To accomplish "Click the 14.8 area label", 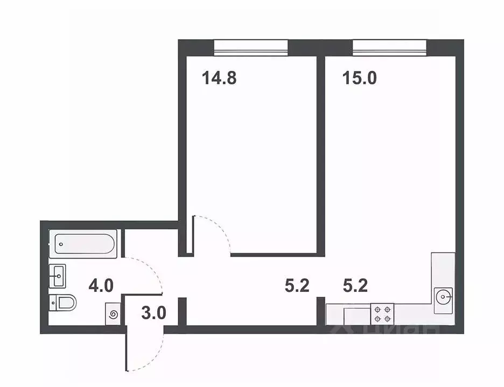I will click(x=219, y=78).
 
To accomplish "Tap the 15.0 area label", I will click(x=359, y=78).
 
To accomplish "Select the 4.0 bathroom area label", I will click(x=101, y=285).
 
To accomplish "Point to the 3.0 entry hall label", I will click(x=153, y=313).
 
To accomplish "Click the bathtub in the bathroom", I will click(x=83, y=244).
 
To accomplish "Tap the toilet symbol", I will click(x=63, y=303).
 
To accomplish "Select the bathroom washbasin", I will click(x=58, y=276).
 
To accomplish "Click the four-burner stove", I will click(x=382, y=314).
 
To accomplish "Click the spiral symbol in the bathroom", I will click(x=113, y=314).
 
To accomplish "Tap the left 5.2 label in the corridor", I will click(x=297, y=285).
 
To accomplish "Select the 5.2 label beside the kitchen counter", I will click(x=355, y=285).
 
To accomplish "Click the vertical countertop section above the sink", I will click(x=443, y=269).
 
